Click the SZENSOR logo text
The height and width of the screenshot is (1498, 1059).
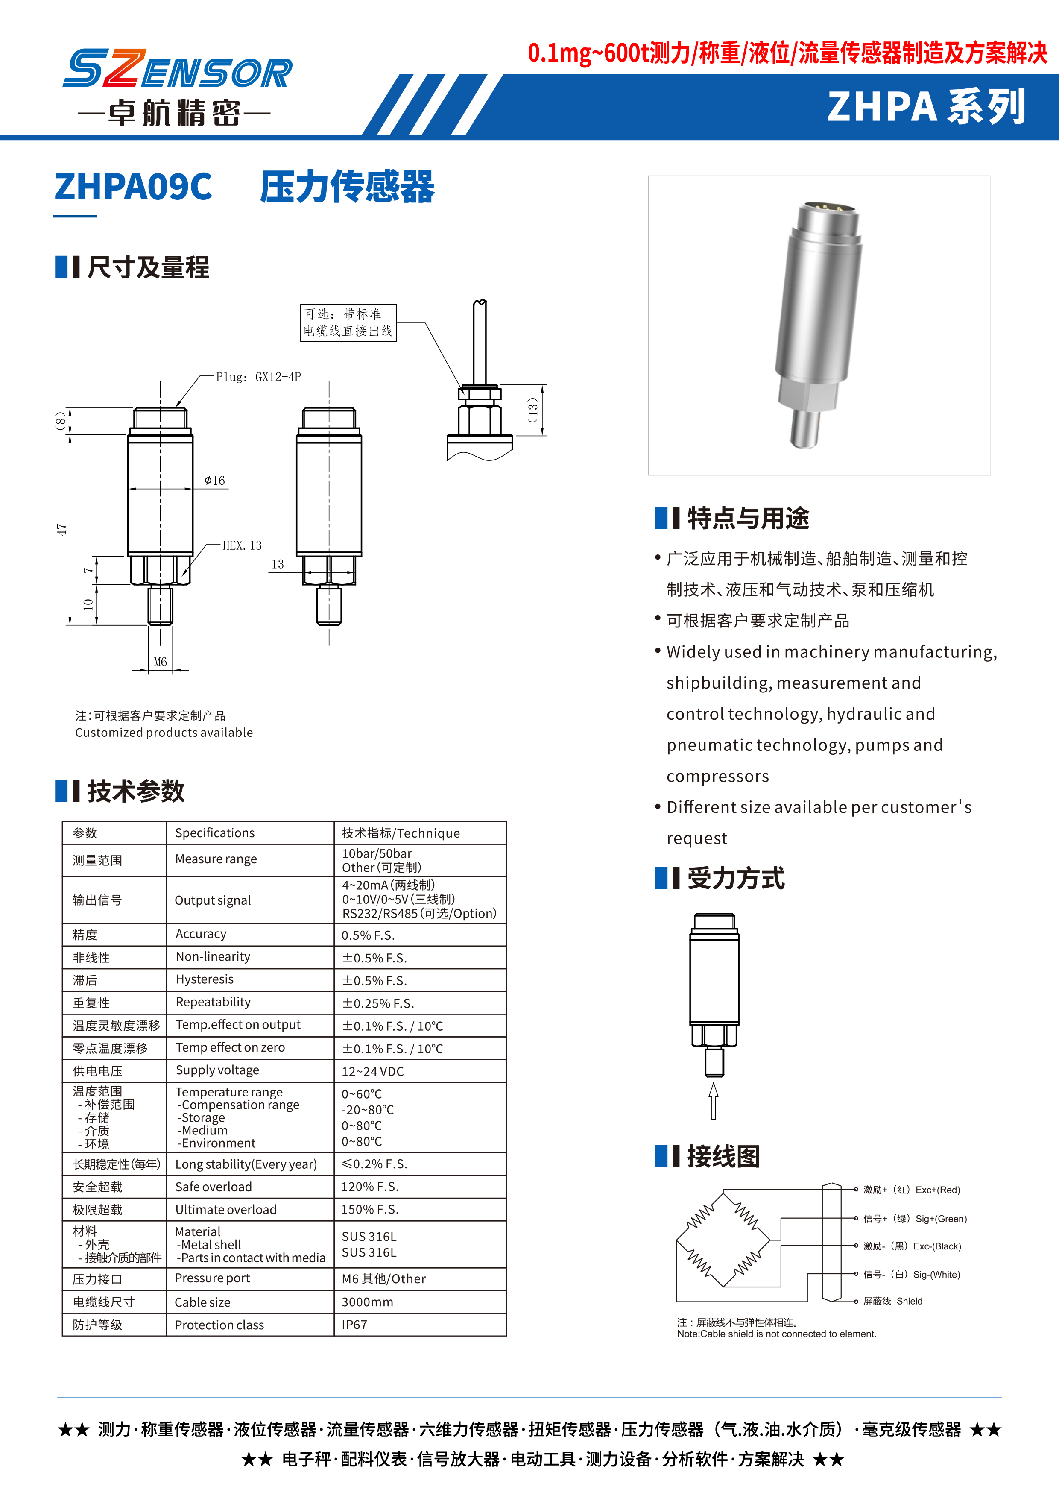pyautogui.click(x=177, y=69)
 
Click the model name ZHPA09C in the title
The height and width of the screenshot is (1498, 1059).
pyautogui.click(x=133, y=187)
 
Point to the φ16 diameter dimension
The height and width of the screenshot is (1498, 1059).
pyautogui.click(x=214, y=481)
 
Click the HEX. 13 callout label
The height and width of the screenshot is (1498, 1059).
pyautogui.click(x=242, y=545)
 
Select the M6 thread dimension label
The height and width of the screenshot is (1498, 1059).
pyautogui.click(x=161, y=662)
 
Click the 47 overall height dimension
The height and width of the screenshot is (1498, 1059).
pyautogui.click(x=61, y=529)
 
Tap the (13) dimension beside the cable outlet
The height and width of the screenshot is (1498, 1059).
pyautogui.click(x=533, y=410)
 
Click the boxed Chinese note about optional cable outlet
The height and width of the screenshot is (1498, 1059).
pyautogui.click(x=348, y=322)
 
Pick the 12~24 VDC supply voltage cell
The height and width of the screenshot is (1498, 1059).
pyautogui.click(x=372, y=1071)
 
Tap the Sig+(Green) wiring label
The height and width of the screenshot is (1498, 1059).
pyautogui.click(x=914, y=1219)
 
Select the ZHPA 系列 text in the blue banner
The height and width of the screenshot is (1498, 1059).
pyautogui.click(x=926, y=107)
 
